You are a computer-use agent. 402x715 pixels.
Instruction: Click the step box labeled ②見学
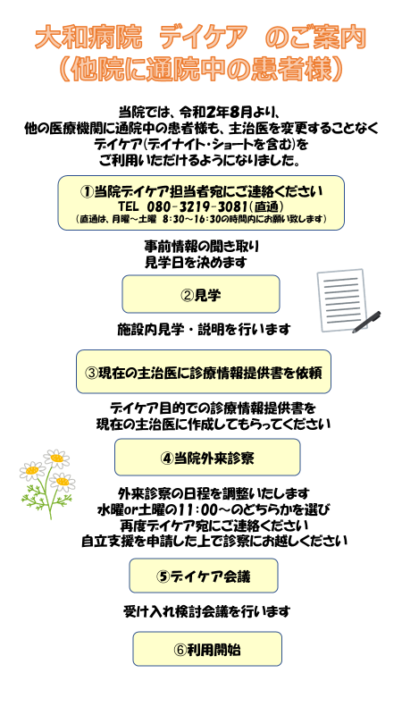click(200, 294)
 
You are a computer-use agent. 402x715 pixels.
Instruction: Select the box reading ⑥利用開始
click(207, 649)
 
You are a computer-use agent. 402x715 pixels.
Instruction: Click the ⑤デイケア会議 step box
click(204, 576)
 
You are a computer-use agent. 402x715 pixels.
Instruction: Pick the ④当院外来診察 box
click(207, 458)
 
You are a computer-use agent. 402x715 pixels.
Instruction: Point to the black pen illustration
click(366, 322)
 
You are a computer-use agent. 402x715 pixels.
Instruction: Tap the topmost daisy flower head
click(56, 458)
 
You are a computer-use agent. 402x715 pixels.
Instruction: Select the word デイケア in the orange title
click(204, 39)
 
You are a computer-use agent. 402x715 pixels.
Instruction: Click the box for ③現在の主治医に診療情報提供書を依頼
click(204, 372)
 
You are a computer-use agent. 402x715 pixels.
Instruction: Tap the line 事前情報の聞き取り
click(202, 247)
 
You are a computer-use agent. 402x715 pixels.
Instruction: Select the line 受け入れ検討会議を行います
click(206, 611)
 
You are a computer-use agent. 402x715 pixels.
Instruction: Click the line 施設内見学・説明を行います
click(204, 329)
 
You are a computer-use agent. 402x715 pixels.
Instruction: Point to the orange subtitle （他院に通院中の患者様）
click(201, 70)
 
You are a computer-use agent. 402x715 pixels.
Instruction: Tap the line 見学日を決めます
click(196, 262)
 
